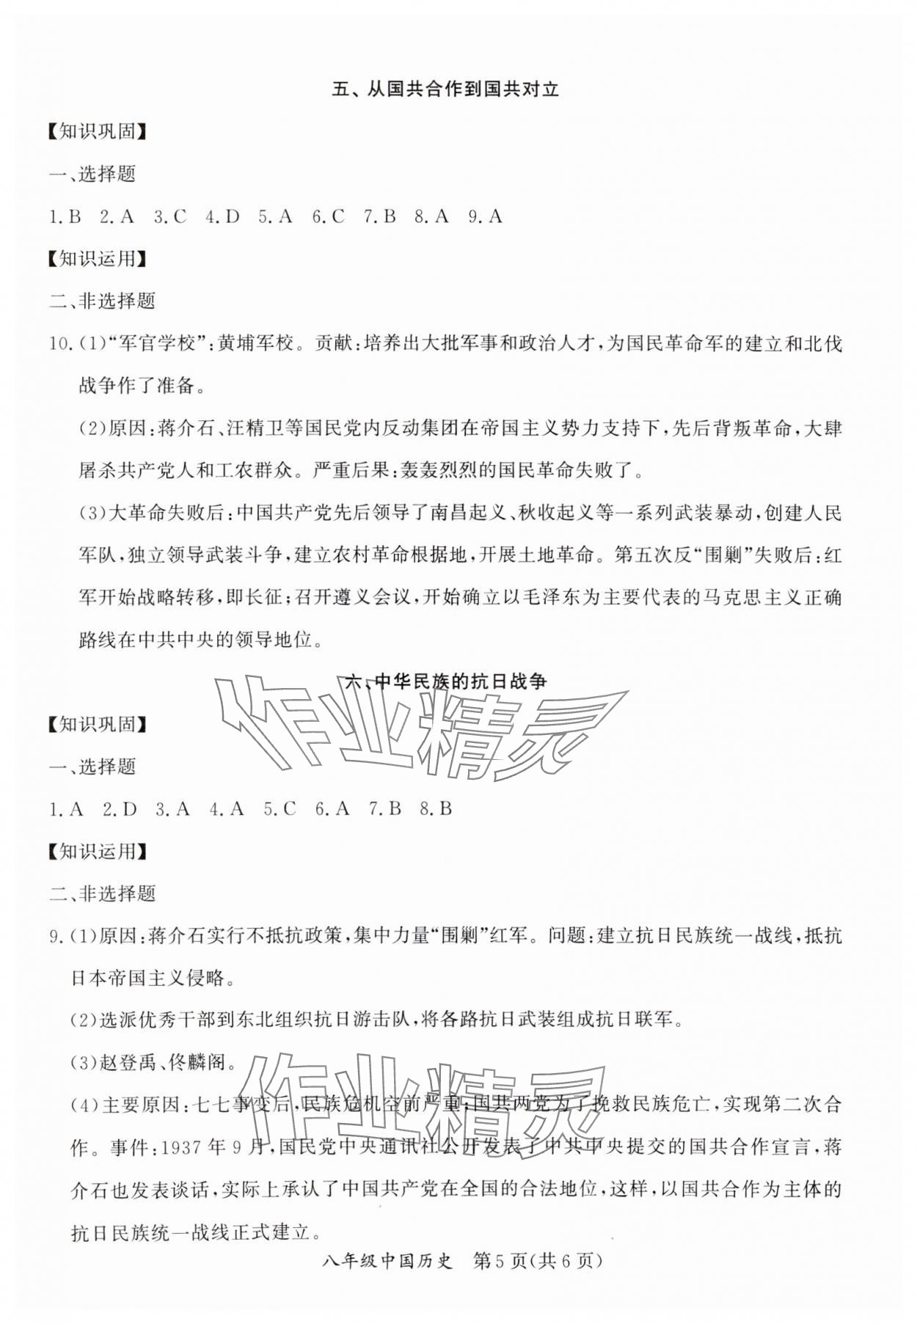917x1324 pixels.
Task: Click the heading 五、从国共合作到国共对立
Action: coord(445,89)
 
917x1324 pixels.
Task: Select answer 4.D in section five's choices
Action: coord(222,216)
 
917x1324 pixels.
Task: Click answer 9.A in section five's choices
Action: coord(485,216)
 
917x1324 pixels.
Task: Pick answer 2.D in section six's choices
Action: coord(120,809)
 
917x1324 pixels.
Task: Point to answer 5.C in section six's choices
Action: coord(280,809)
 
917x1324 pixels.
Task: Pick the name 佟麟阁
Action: coord(197,1062)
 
